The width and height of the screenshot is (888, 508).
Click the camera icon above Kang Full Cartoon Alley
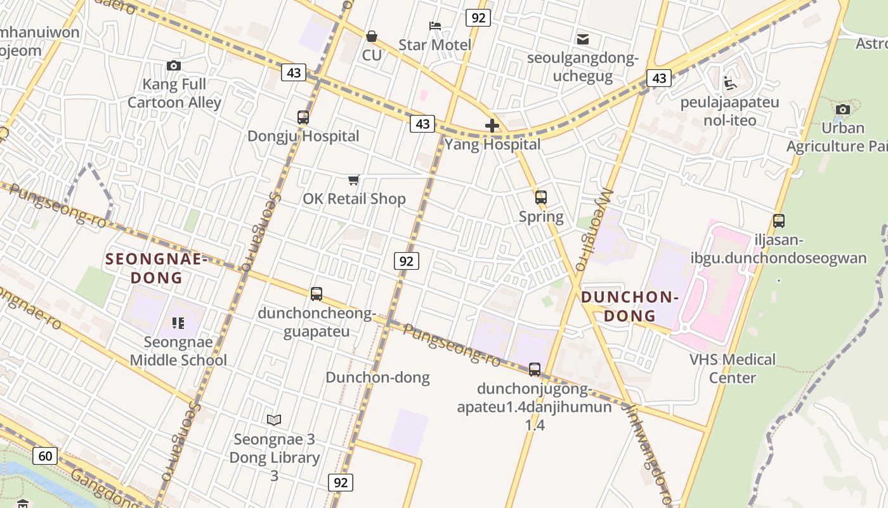pyautogui.click(x=173, y=65)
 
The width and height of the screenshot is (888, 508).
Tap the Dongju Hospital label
pyautogui.click(x=303, y=136)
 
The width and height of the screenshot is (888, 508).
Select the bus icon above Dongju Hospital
pyautogui.click(x=303, y=117)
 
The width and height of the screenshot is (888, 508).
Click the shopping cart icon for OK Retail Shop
pyautogui.click(x=354, y=180)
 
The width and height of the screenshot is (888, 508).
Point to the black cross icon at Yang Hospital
pyautogui.click(x=492, y=126)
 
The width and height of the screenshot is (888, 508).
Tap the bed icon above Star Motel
pyautogui.click(x=435, y=26)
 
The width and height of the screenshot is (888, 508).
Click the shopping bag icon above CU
pyautogui.click(x=372, y=36)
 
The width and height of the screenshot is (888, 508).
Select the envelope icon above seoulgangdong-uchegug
pyautogui.click(x=583, y=39)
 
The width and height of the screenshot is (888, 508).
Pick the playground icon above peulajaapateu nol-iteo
pyautogui.click(x=730, y=83)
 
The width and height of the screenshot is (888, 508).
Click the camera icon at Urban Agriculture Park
pyautogui.click(x=843, y=109)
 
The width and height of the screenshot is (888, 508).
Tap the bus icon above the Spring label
pyautogui.click(x=541, y=197)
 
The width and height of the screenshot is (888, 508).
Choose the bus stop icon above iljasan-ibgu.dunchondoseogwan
pyautogui.click(x=779, y=221)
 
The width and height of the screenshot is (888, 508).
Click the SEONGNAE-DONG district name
pyautogui.click(x=157, y=268)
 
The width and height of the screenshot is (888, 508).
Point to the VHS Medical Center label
pyautogui.click(x=733, y=368)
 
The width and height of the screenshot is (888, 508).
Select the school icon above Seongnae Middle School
pyautogui.click(x=178, y=323)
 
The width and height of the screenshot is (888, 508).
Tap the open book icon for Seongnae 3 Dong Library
pyautogui.click(x=274, y=420)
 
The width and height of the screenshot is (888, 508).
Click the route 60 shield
pyautogui.click(x=45, y=456)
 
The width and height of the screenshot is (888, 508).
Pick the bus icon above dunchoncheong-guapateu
pyautogui.click(x=317, y=294)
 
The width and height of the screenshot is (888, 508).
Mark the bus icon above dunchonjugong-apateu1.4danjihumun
pyautogui.click(x=535, y=369)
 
